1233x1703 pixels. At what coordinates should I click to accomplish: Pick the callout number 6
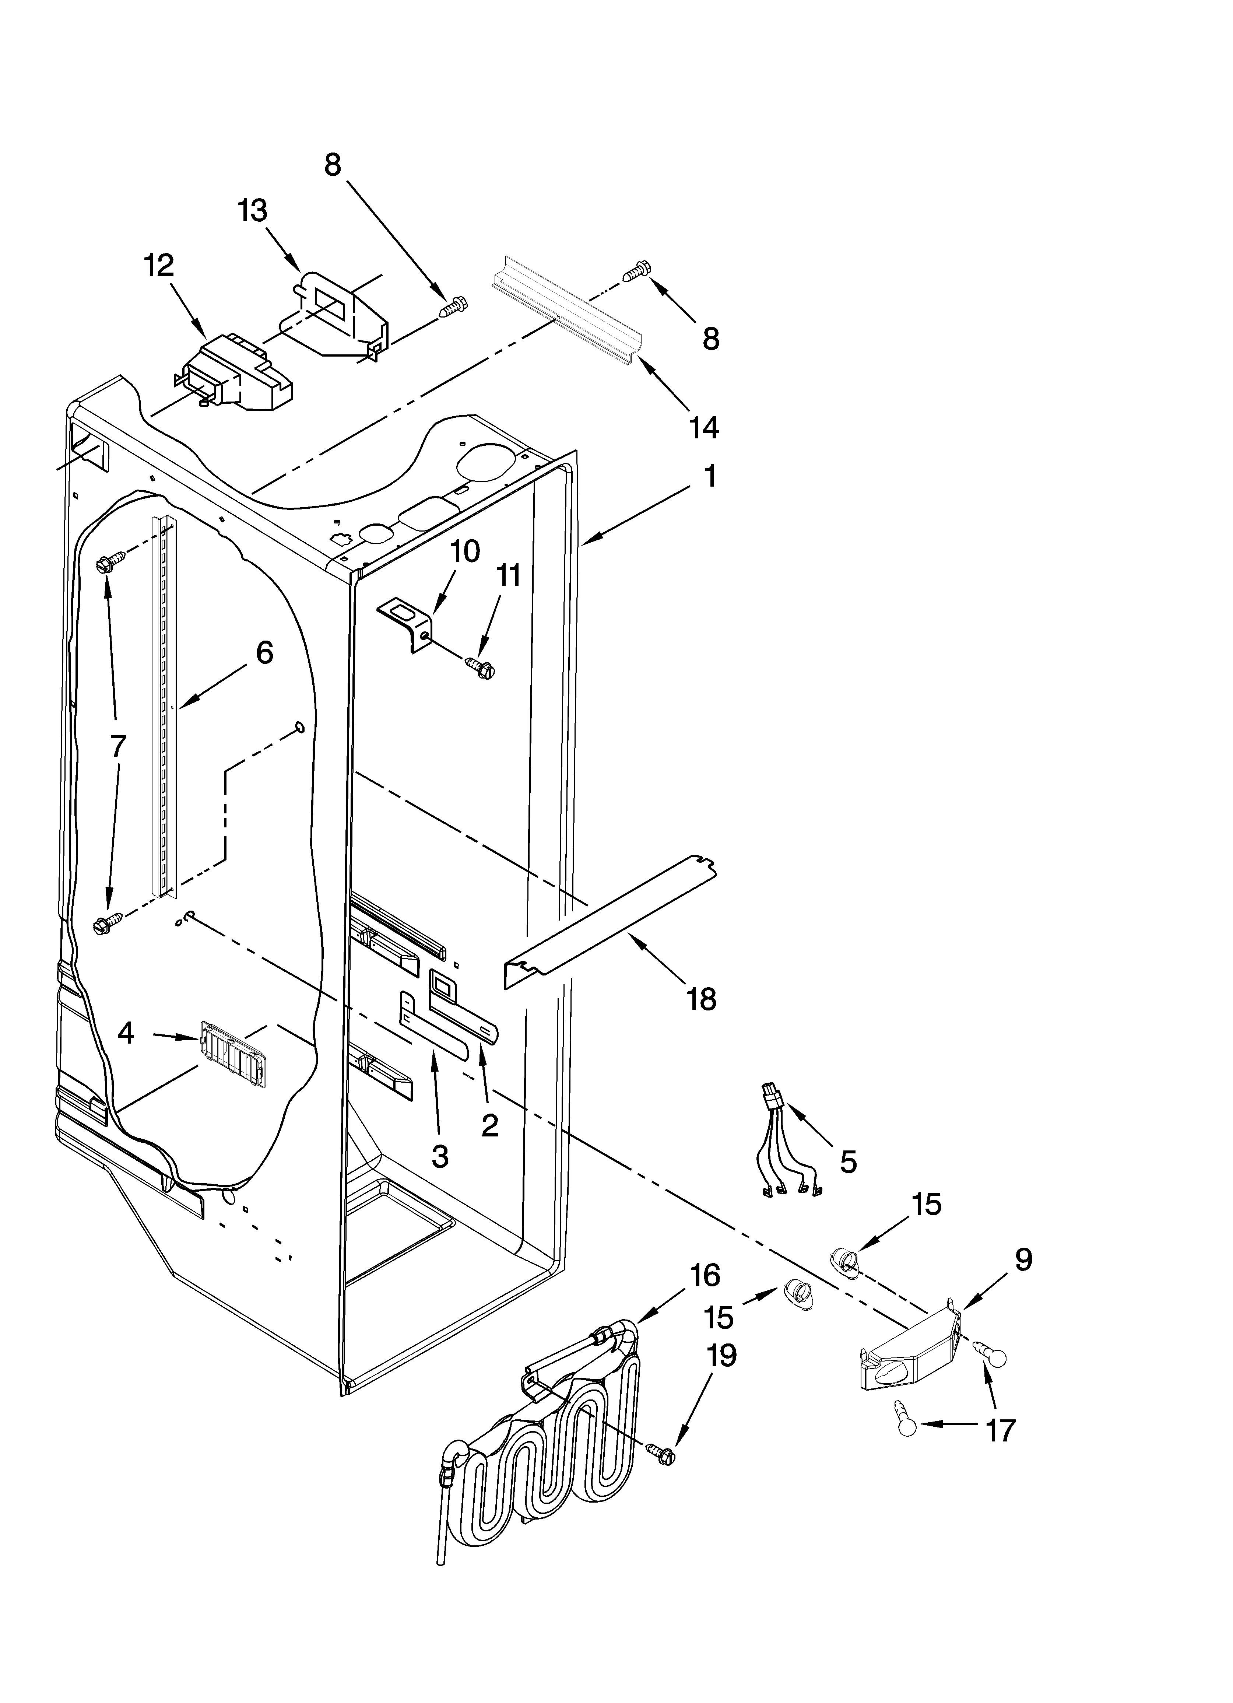click(x=264, y=652)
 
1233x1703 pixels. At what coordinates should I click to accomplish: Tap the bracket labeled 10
click(x=408, y=620)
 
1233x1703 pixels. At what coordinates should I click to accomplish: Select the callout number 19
click(x=721, y=1355)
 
